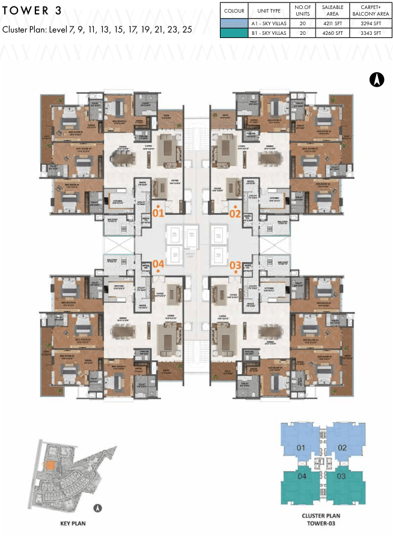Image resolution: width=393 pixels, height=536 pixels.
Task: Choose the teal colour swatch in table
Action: point(234,34)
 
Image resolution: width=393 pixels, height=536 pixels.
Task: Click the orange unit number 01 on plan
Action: point(158,212)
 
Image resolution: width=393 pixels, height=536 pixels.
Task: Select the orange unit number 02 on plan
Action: point(234,212)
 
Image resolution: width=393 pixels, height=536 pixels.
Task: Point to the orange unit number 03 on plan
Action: point(234,264)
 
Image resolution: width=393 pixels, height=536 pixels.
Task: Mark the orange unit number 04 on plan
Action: point(158,264)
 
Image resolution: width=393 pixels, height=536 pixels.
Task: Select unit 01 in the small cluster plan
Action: point(300,448)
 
